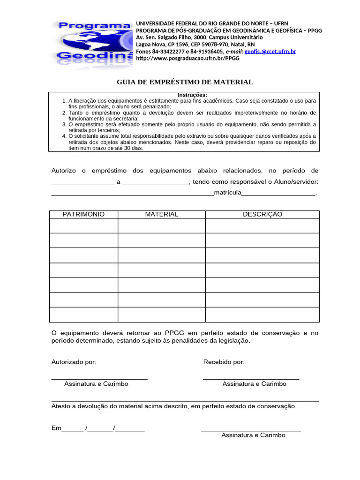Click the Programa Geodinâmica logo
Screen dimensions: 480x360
pyautogui.click(x=94, y=42)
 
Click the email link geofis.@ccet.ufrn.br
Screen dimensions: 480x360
pyautogui.click(x=270, y=52)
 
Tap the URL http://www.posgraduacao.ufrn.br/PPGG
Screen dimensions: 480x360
pyautogui.click(x=187, y=59)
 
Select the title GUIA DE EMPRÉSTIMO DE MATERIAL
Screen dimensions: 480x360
pyautogui.click(x=185, y=82)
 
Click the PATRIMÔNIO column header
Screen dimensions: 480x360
pyautogui.click(x=83, y=214)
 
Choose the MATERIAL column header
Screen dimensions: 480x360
pyautogui.click(x=161, y=214)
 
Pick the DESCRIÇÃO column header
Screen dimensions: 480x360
pyautogui.click(x=262, y=214)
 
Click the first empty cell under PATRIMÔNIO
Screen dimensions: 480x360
pyautogui.click(x=83, y=225)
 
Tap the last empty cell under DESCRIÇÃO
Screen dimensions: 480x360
pyautogui.click(x=262, y=315)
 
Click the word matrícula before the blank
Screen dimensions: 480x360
pyautogui.click(x=227, y=193)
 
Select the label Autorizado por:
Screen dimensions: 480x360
pyautogui.click(x=74, y=362)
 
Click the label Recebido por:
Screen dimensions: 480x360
pyautogui.click(x=224, y=362)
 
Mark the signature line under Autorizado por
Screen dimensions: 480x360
pyautogui.click(x=99, y=378)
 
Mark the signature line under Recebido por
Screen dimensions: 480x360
pyautogui.click(x=251, y=378)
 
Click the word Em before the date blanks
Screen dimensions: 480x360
pyautogui.click(x=56, y=428)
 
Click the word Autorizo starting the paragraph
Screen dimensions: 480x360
pyautogui.click(x=64, y=171)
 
